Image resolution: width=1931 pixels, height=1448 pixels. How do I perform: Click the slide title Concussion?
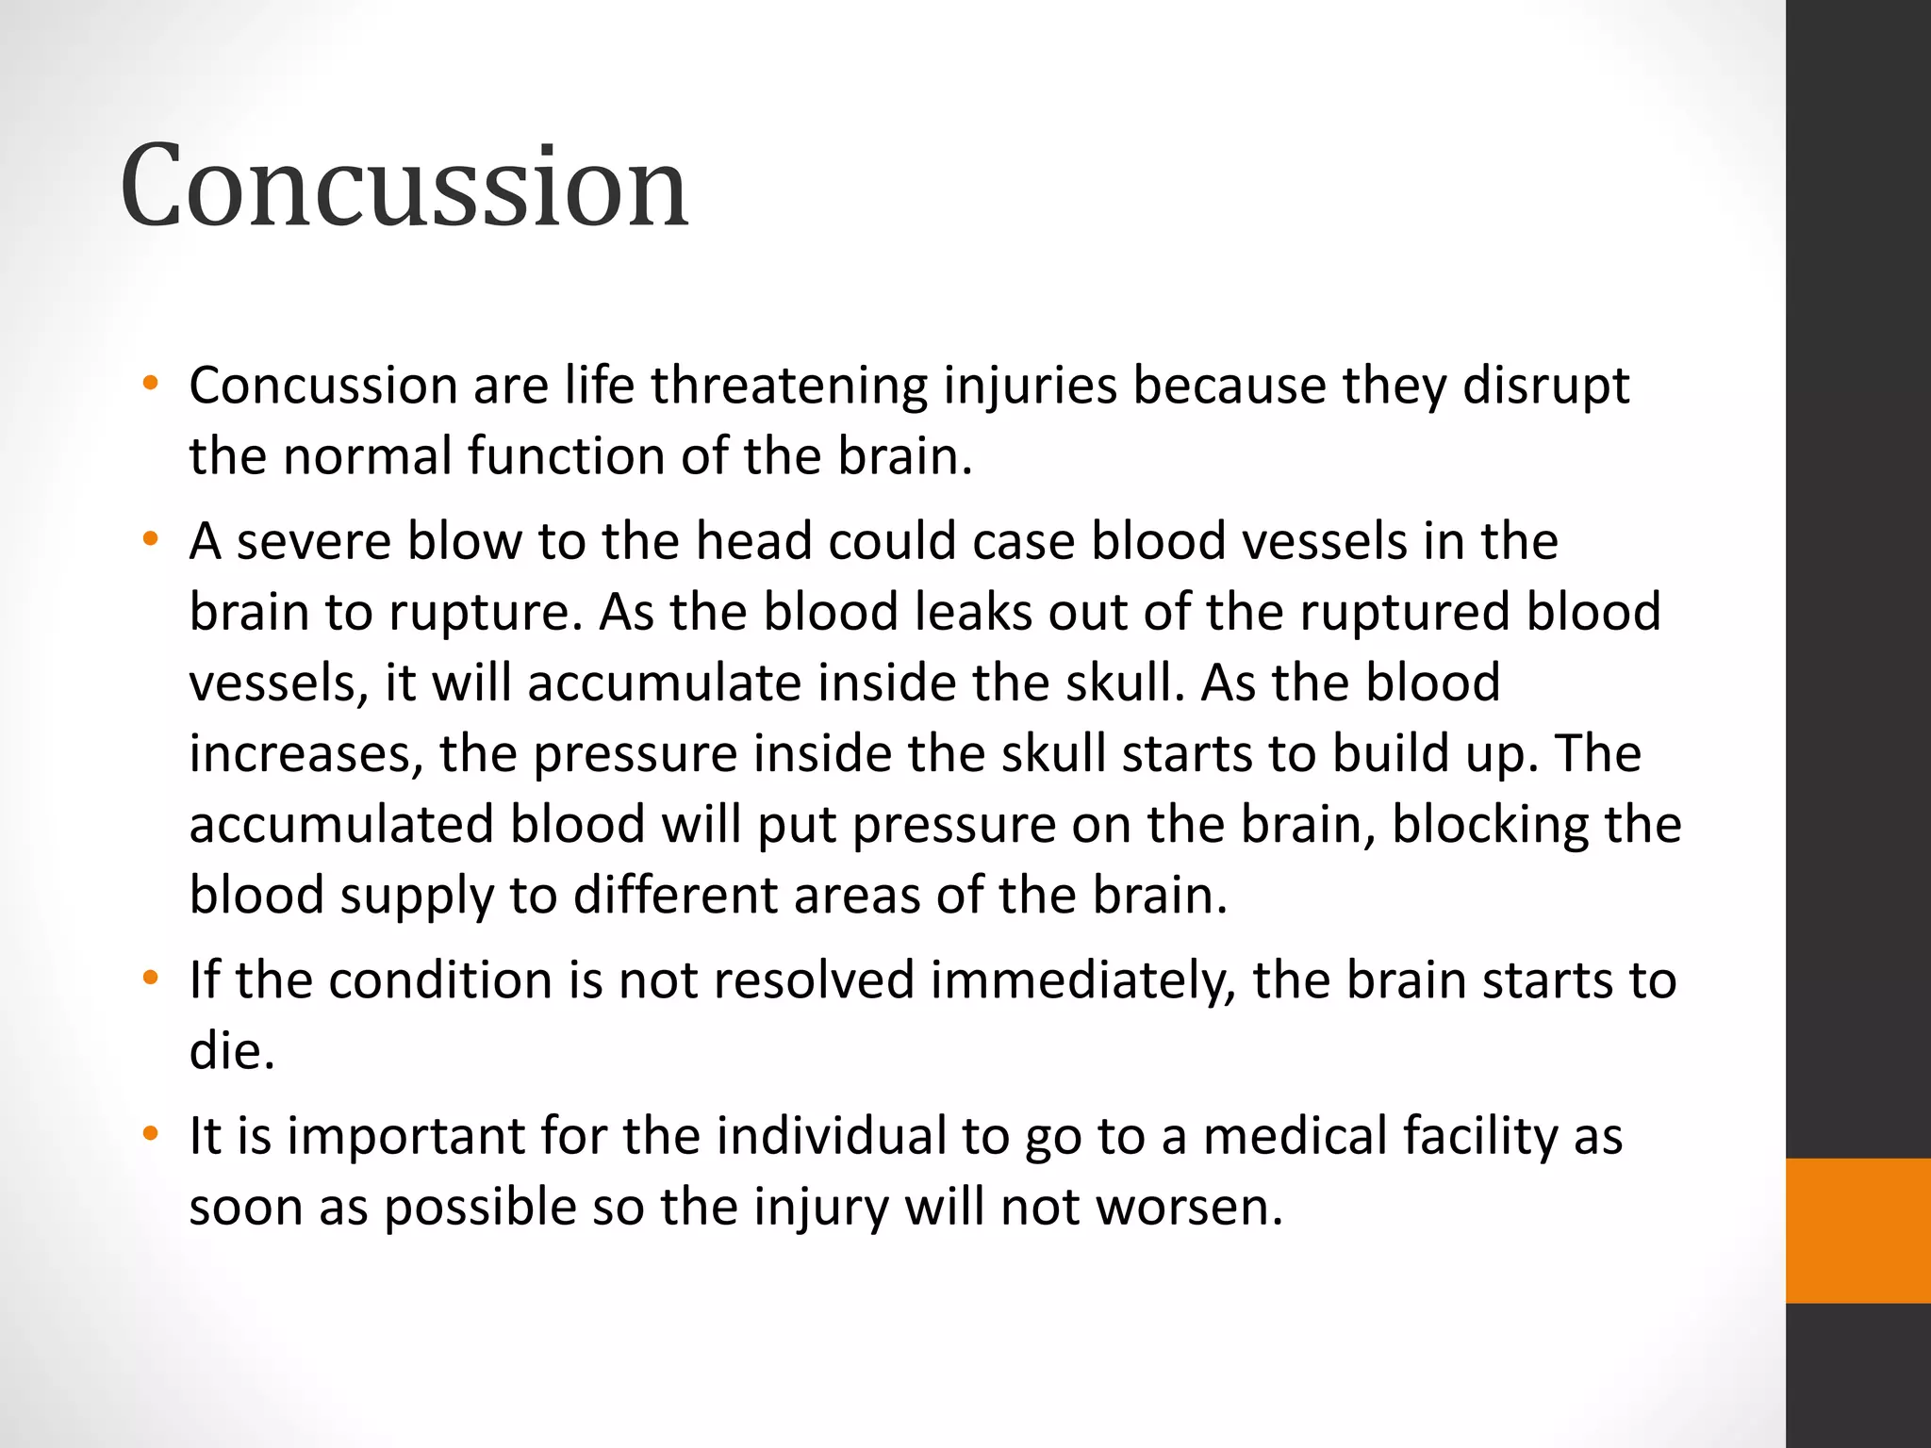click(x=404, y=186)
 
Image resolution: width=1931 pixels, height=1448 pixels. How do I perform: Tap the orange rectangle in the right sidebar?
click(x=1857, y=1230)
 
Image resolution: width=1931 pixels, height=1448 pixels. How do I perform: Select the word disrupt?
click(x=1545, y=387)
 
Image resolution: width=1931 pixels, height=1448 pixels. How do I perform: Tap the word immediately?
click(x=1082, y=980)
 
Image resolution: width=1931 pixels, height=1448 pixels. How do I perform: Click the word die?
click(x=231, y=1051)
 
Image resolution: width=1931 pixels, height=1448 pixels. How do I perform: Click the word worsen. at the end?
click(x=1190, y=1207)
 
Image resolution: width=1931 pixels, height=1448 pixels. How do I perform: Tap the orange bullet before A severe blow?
click(x=149, y=540)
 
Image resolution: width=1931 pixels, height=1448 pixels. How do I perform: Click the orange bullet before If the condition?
click(x=149, y=979)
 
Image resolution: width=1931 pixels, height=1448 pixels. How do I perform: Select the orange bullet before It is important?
click(x=149, y=1134)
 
